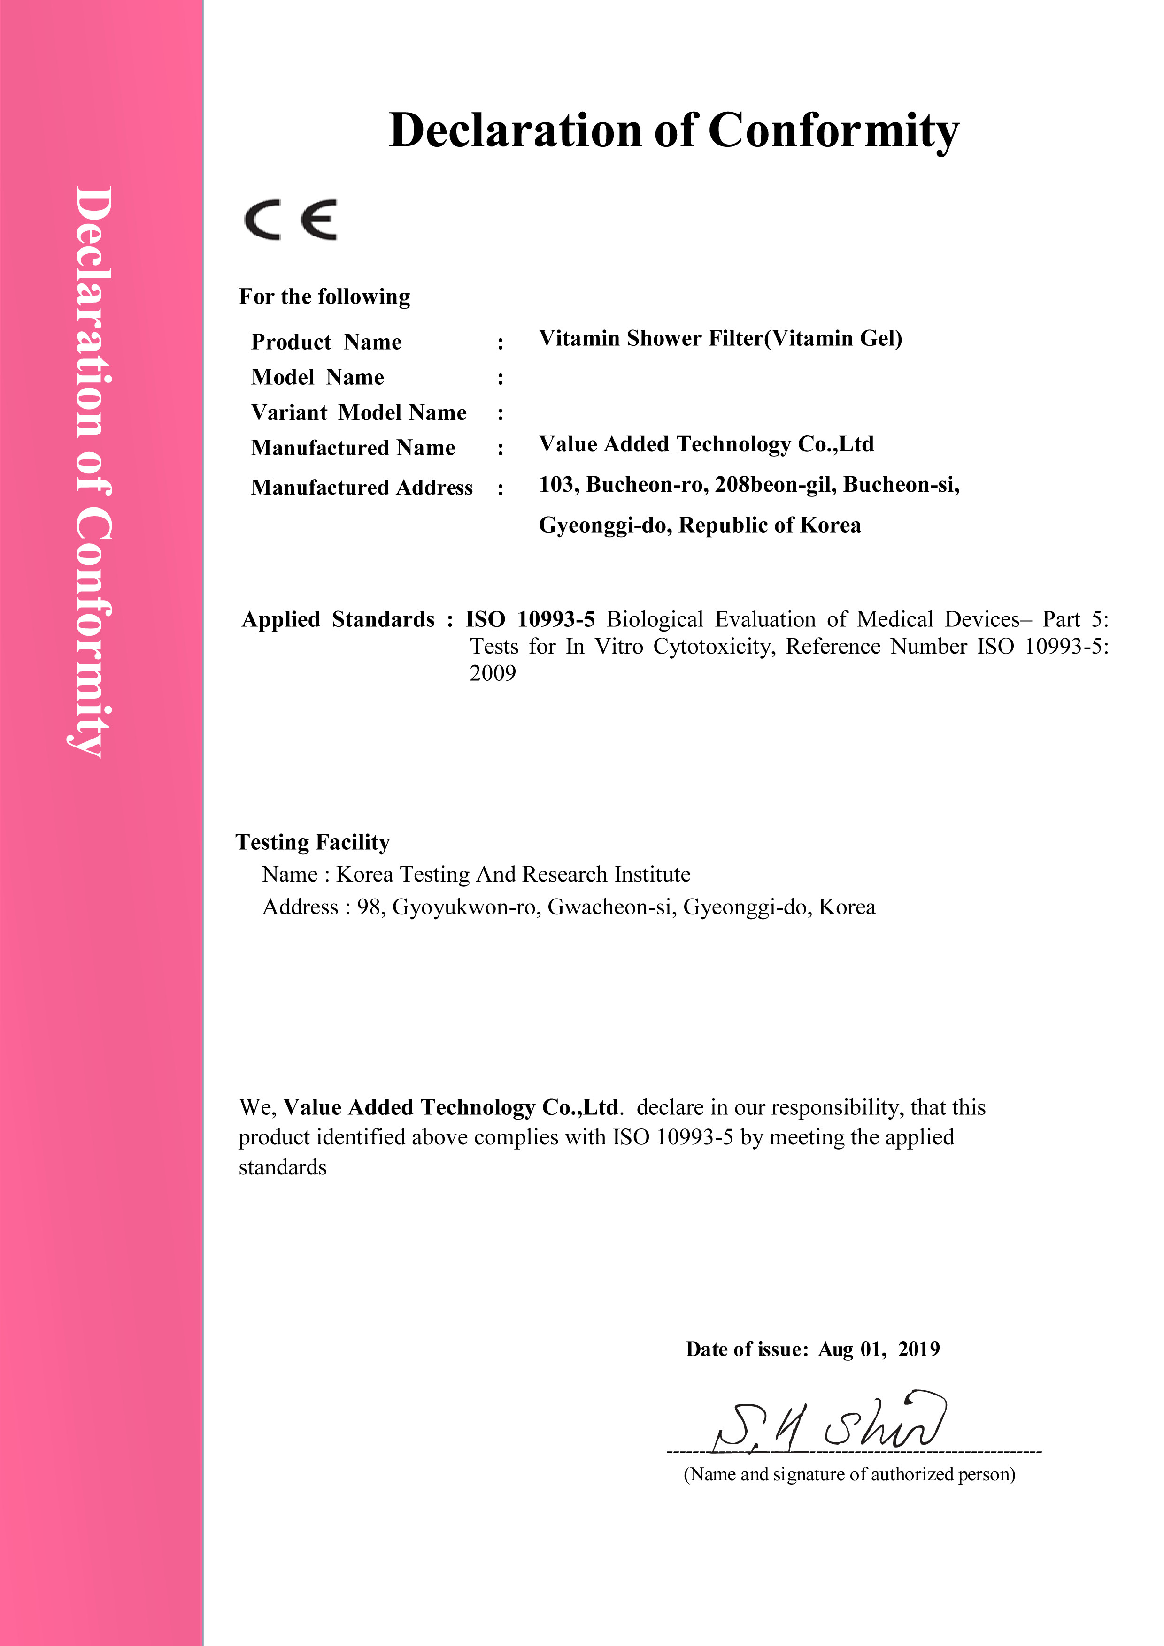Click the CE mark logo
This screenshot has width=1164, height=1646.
click(291, 220)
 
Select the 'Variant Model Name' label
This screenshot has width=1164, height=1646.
click(359, 413)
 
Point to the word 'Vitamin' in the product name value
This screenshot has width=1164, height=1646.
click(579, 338)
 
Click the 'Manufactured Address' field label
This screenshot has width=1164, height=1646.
click(362, 488)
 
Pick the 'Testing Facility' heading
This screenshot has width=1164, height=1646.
click(313, 842)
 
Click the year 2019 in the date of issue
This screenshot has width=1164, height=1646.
click(919, 1349)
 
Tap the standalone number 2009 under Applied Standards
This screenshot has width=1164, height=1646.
click(493, 673)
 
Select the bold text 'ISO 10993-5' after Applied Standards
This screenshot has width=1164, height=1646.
click(530, 619)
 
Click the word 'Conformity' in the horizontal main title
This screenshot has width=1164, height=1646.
click(833, 131)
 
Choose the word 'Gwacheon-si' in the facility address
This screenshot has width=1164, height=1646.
click(612, 907)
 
